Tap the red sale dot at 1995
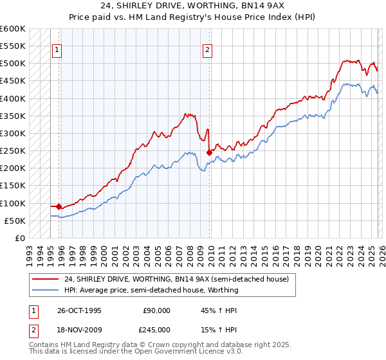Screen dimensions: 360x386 coord(59,206)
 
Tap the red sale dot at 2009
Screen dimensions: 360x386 coord(209,152)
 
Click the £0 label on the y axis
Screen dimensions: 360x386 coord(19,238)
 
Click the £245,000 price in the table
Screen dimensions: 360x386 coord(156,329)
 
